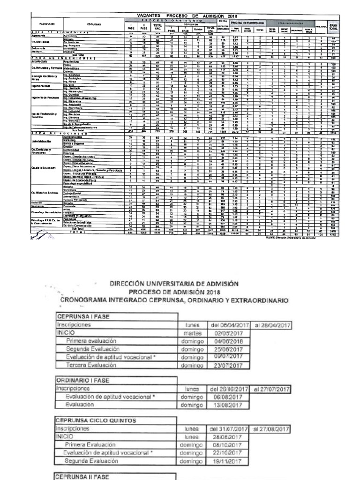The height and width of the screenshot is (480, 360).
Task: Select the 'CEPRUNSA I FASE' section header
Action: pyautogui.click(x=78, y=316)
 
